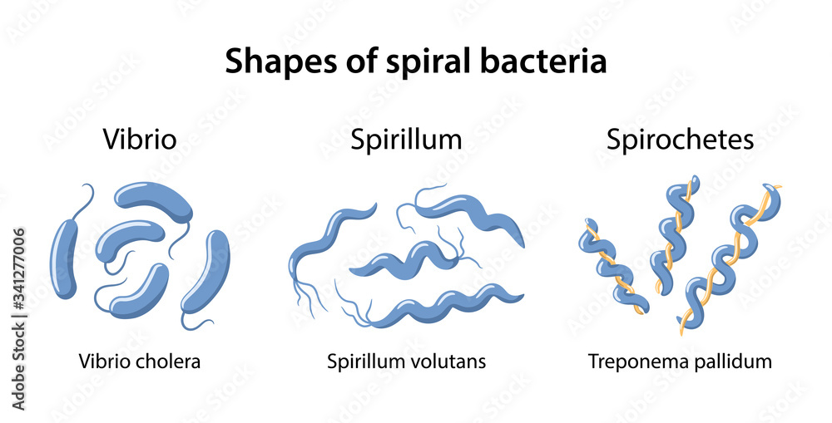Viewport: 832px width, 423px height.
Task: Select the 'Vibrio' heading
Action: pyautogui.click(x=140, y=139)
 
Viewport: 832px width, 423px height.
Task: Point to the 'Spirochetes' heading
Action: pyautogui.click(x=681, y=139)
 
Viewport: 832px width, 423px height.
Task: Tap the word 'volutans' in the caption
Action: pyautogui.click(x=452, y=362)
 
